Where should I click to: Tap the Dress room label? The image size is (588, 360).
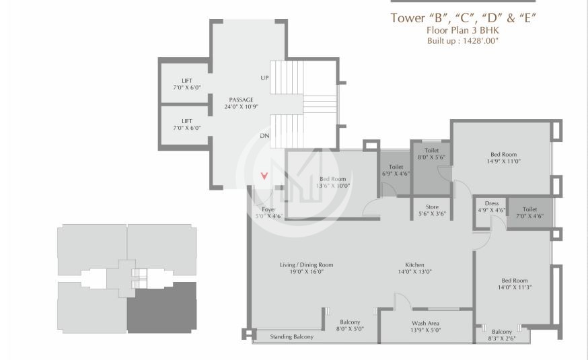pyautogui.click(x=491, y=207)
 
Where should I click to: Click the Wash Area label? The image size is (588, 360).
pyautogui.click(x=426, y=327)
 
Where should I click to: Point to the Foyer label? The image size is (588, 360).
pyautogui.click(x=268, y=213)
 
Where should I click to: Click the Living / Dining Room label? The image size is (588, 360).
pyautogui.click(x=306, y=268)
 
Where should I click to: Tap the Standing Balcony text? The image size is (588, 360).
pyautogui.click(x=291, y=336)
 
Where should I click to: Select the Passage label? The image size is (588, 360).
pyautogui.click(x=240, y=103)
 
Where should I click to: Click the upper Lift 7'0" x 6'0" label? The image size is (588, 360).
pyautogui.click(x=186, y=84)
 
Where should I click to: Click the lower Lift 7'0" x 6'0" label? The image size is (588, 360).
pyautogui.click(x=186, y=124)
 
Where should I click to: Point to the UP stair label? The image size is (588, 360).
pyautogui.click(x=264, y=78)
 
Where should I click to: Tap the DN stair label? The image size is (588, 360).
pyautogui.click(x=264, y=135)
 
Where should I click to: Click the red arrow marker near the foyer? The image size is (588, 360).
pyautogui.click(x=264, y=176)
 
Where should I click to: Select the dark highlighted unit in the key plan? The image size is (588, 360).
pyautogui.click(x=161, y=308)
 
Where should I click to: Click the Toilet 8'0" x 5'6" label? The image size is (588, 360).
pyautogui.click(x=431, y=154)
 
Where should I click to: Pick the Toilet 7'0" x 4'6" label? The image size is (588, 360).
pyautogui.click(x=529, y=213)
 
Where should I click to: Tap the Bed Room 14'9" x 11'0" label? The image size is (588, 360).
pyautogui.click(x=504, y=157)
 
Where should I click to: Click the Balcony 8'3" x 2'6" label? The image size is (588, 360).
pyautogui.click(x=501, y=335)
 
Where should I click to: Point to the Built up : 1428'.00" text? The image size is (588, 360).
pyautogui.click(x=462, y=41)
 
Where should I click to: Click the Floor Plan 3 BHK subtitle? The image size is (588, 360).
pyautogui.click(x=462, y=30)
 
